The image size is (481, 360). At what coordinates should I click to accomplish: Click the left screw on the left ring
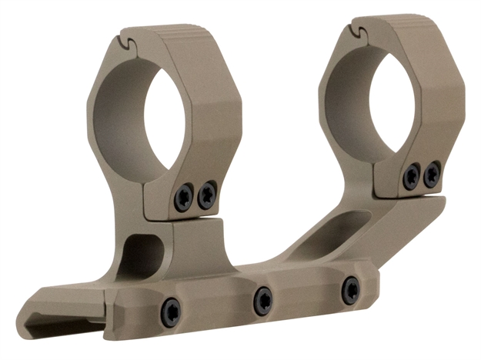coord(183,198)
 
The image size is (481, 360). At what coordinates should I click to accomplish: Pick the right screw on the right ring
coord(432,173)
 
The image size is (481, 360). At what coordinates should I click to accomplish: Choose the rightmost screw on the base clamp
coord(350,289)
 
